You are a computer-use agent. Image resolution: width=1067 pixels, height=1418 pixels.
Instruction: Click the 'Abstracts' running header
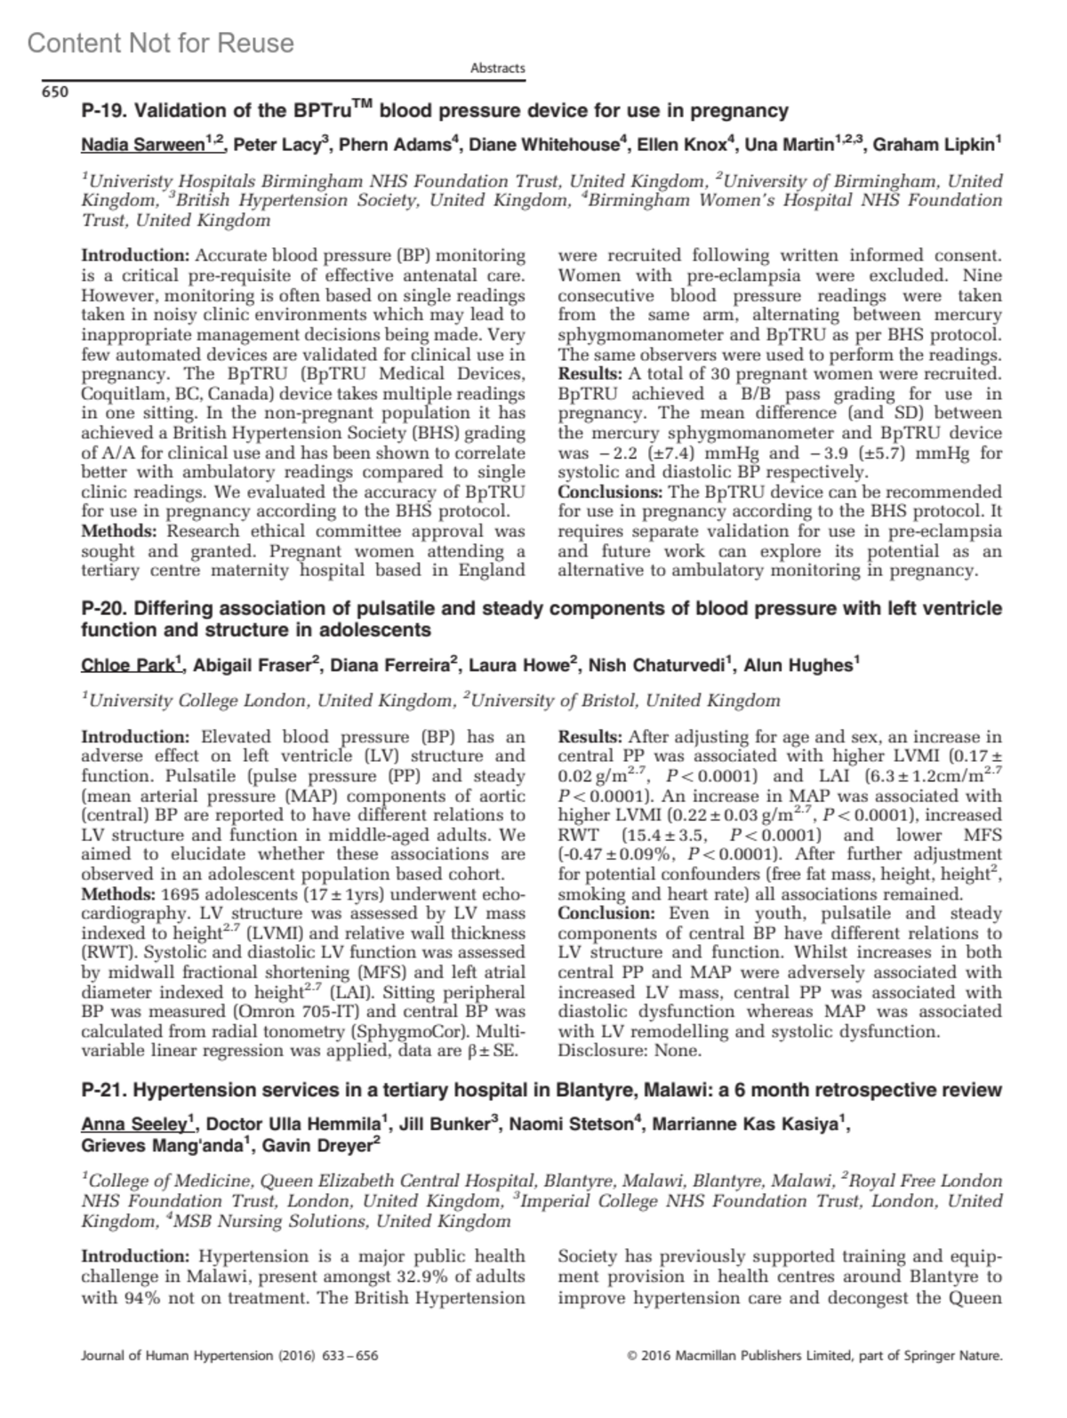[x=497, y=68]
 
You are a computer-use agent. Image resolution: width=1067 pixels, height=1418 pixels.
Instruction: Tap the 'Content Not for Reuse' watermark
[x=160, y=43]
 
